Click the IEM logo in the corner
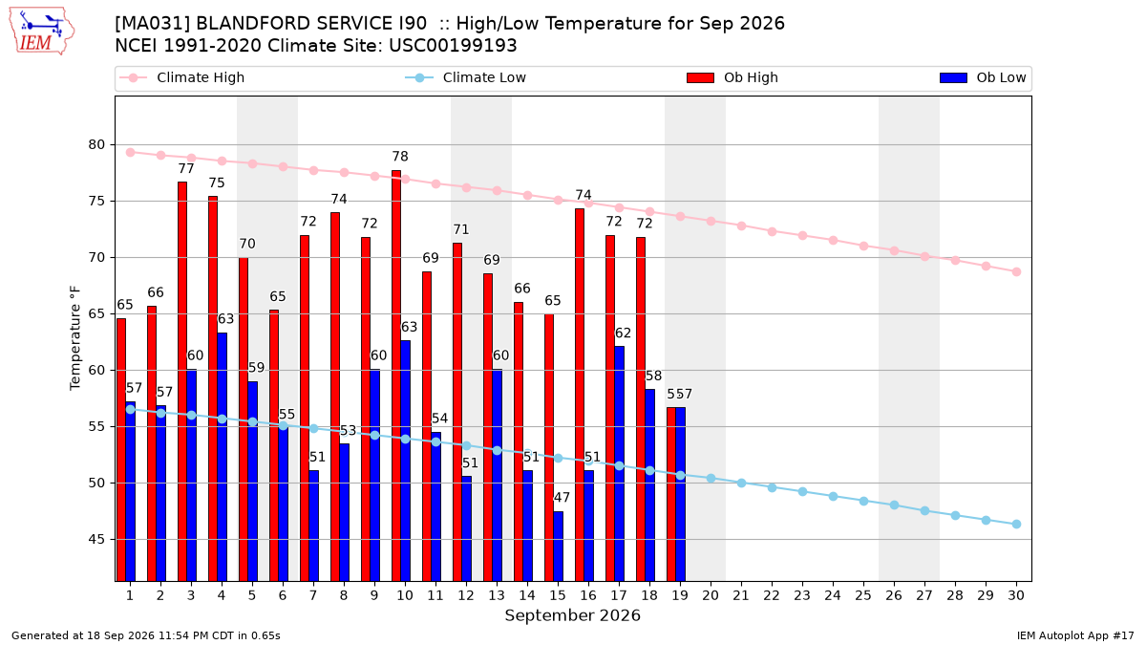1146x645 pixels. click(42, 32)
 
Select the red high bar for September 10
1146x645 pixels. click(396, 376)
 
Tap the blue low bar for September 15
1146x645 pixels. click(558, 547)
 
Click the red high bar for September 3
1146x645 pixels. click(182, 381)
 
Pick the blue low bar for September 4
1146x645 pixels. click(222, 457)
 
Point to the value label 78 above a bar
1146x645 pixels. click(400, 156)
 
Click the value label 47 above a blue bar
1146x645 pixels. click(562, 497)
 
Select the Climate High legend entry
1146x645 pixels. click(181, 77)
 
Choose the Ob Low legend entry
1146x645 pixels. click(983, 77)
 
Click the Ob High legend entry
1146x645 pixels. click(732, 77)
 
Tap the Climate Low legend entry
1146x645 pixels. click(465, 77)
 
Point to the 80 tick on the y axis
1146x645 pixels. click(96, 145)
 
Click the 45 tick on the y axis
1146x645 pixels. click(96, 540)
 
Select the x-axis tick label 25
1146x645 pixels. click(863, 595)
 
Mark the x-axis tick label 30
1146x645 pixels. click(1016, 595)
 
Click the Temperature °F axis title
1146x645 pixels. click(75, 338)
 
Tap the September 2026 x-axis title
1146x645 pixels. click(572, 615)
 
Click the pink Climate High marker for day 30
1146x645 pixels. click(1016, 271)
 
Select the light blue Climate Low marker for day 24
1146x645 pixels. click(833, 497)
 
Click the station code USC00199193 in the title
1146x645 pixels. click(453, 46)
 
